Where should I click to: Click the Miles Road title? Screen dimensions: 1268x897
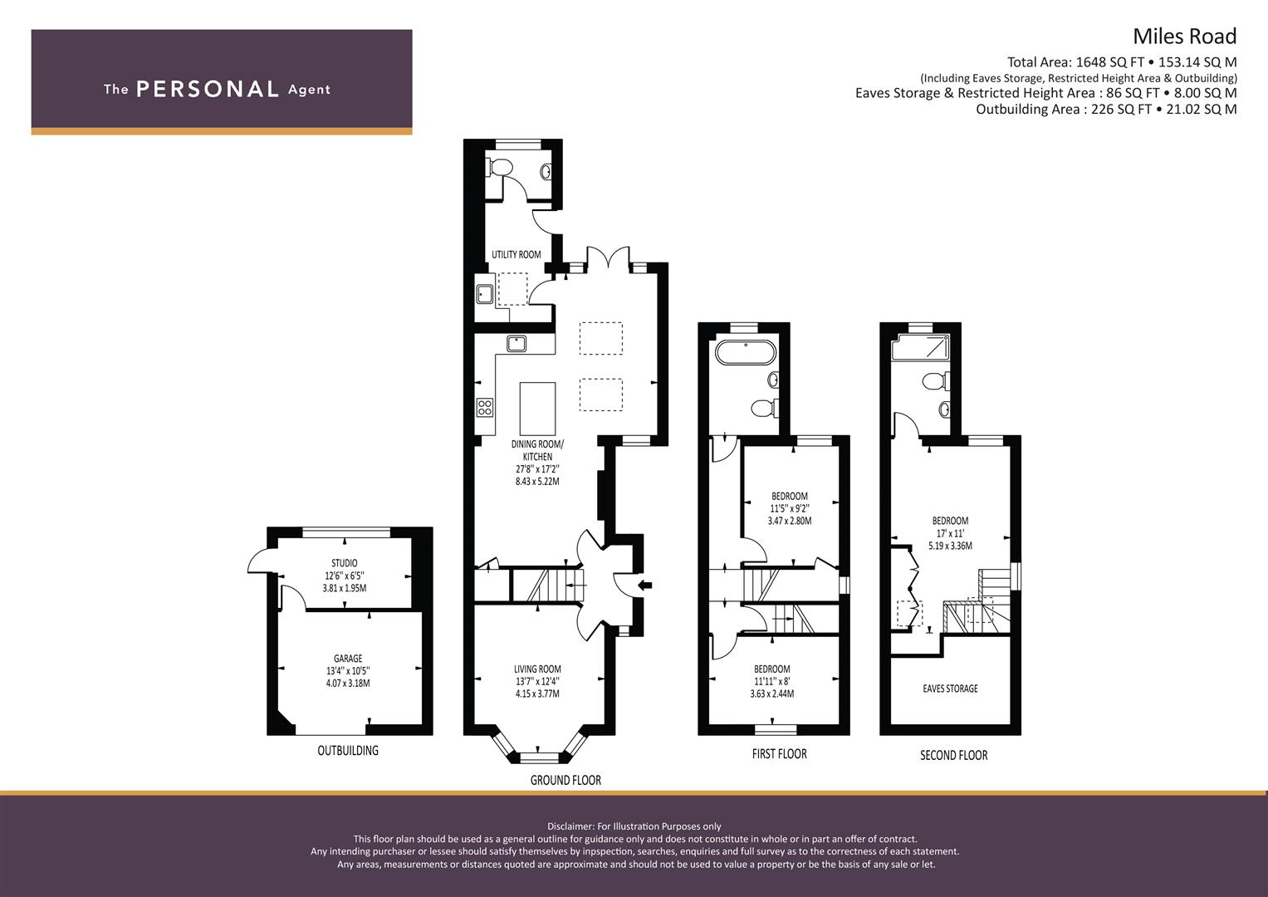[x=1184, y=37]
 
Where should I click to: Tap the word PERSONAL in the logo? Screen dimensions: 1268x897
[x=208, y=90]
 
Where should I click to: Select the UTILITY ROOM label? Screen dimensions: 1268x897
[x=516, y=255]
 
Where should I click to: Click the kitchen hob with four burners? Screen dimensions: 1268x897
[x=485, y=408]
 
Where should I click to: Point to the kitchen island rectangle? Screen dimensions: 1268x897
[x=537, y=409]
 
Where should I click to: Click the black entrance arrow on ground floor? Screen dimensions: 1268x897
[x=644, y=586]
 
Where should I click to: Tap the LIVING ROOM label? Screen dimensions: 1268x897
[x=537, y=669]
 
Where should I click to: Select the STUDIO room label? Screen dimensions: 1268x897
[x=344, y=563]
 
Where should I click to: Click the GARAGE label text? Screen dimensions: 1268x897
[x=348, y=659]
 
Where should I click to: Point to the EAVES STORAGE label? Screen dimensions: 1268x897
[x=951, y=689]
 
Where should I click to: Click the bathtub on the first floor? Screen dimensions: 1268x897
[x=746, y=351]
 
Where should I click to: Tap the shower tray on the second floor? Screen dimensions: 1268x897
[x=920, y=347]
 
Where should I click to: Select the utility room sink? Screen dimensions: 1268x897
[x=485, y=294]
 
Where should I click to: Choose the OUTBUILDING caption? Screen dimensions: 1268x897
[x=348, y=751]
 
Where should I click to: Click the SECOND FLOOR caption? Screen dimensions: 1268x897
[x=954, y=756]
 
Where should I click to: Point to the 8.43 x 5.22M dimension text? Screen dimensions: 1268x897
[x=537, y=482]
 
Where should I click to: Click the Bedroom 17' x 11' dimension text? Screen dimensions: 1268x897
[x=951, y=533]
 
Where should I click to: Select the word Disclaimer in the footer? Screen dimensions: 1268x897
[x=570, y=826]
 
